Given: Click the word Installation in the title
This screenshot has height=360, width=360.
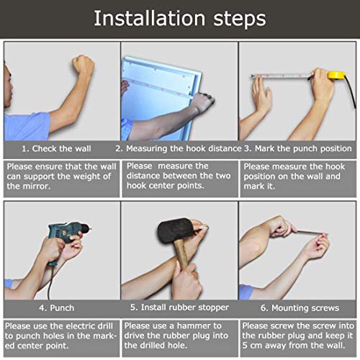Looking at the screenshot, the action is (149, 18).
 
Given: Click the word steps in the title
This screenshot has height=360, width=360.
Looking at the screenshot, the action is (240, 19).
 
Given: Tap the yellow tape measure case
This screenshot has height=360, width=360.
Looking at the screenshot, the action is (337, 75).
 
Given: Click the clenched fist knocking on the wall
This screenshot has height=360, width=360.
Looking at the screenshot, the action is (83, 65).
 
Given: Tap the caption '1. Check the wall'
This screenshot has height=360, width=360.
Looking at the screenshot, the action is (56, 148).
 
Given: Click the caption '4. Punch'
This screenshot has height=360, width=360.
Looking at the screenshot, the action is (57, 308).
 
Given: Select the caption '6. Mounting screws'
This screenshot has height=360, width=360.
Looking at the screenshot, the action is (300, 308).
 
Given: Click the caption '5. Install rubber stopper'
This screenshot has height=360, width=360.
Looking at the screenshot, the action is (179, 307).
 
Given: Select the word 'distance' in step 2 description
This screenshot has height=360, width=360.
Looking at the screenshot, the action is (143, 176).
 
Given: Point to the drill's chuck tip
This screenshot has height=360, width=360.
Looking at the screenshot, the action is (90, 227).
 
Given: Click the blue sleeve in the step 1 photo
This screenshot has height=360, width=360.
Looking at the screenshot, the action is (27, 126).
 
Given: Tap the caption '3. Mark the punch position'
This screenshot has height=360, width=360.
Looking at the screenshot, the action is (298, 148).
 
